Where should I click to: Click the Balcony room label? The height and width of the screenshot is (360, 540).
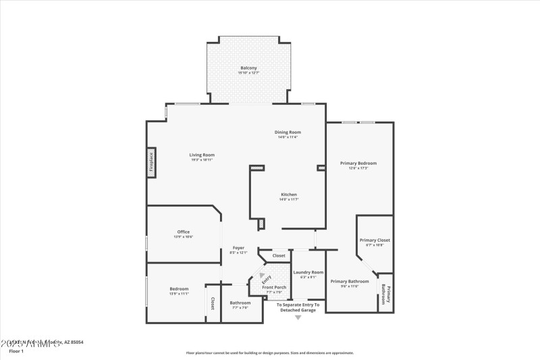pyautogui.click(x=249, y=68)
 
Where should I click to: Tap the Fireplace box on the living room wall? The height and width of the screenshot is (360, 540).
pyautogui.click(x=151, y=163)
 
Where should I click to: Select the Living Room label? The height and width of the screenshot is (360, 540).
pyautogui.click(x=202, y=155)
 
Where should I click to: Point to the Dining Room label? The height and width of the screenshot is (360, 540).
pyautogui.click(x=288, y=132)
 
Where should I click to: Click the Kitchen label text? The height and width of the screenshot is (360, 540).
pyautogui.click(x=288, y=195)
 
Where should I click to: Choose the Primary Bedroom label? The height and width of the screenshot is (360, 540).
pyautogui.click(x=358, y=163)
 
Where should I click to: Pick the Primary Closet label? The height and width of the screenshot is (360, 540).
pyautogui.click(x=375, y=240)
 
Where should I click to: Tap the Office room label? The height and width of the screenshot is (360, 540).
pyautogui.click(x=184, y=232)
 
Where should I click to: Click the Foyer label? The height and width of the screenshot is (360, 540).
pyautogui.click(x=239, y=248)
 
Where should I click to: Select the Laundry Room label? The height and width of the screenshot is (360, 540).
pyautogui.click(x=308, y=272)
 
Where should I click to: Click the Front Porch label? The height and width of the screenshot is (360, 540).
pyautogui.click(x=274, y=287)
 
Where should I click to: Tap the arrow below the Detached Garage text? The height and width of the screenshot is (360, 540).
pyautogui.click(x=298, y=317)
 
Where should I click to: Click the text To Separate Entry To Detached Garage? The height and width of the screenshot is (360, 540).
pyautogui.click(x=298, y=307)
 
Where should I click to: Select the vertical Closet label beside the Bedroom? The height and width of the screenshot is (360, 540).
pyautogui.click(x=213, y=303)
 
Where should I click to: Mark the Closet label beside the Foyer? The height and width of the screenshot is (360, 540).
pyautogui.click(x=279, y=256)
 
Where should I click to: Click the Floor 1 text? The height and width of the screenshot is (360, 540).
pyautogui.click(x=16, y=351)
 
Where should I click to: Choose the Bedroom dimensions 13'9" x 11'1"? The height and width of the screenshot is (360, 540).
pyautogui.click(x=179, y=294)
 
